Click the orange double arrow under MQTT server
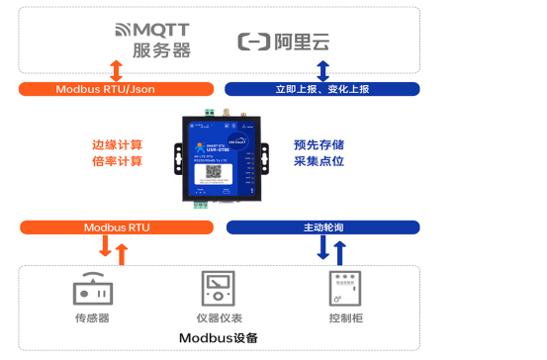(116, 70)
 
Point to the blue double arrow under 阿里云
(322, 70)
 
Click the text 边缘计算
(117, 142)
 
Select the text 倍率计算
(117, 161)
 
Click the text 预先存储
(319, 142)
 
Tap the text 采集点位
(319, 161)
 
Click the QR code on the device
(213, 173)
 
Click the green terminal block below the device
(202, 205)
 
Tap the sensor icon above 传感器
(92, 289)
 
